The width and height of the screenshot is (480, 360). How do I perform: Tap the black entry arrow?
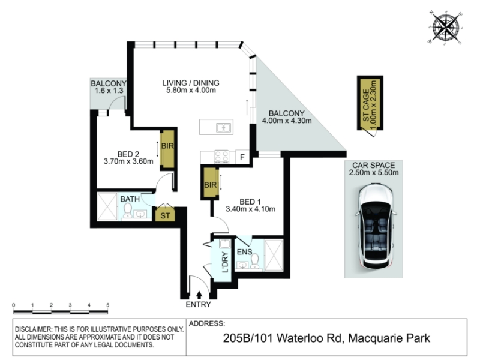[199, 295]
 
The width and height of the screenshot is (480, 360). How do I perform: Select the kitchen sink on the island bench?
[223, 127]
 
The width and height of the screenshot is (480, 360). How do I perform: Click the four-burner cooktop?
[221, 157]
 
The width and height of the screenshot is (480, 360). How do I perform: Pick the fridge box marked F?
[242, 157]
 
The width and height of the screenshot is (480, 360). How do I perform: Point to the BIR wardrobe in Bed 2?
[167, 149]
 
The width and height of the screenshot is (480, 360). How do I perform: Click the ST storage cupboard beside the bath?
[165, 214]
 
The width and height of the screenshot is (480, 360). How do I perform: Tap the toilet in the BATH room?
[127, 211]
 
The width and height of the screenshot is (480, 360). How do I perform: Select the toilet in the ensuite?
[254, 261]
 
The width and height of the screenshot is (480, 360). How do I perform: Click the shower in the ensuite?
[274, 256]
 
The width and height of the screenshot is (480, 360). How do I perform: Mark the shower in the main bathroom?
[107, 206]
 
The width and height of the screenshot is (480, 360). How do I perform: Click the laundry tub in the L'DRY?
[225, 244]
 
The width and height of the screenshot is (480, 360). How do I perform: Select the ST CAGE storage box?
[370, 103]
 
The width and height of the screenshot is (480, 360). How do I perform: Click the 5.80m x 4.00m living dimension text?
[191, 91]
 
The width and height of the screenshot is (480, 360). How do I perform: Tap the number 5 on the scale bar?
[108, 305]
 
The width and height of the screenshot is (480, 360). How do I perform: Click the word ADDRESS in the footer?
[206, 323]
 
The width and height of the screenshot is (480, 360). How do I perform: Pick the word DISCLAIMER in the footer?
[34, 329]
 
